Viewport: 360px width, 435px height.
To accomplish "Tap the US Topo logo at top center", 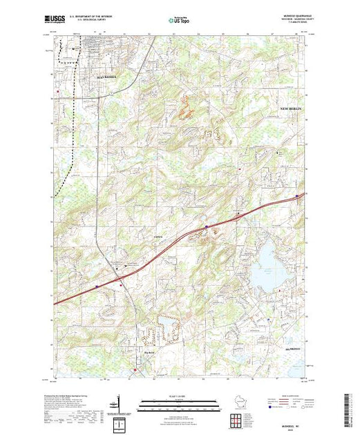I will tap(180, 21).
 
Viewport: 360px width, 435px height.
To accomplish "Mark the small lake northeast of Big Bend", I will tap(168, 323).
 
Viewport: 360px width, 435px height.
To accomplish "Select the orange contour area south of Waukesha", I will tap(184, 106).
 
